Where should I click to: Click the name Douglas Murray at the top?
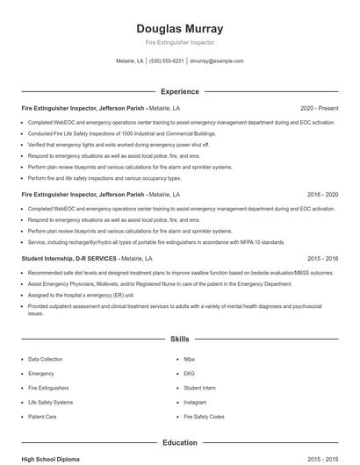click(x=179, y=28)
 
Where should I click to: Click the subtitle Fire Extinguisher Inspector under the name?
click(x=179, y=42)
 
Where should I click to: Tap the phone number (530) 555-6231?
click(x=166, y=61)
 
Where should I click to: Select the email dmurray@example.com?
click(x=217, y=61)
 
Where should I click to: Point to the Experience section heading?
click(x=179, y=91)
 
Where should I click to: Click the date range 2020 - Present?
click(x=319, y=108)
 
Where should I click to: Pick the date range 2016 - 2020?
click(x=322, y=194)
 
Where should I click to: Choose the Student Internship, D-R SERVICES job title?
click(x=69, y=259)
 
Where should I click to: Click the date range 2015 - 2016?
click(x=322, y=259)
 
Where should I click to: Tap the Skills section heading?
click(x=179, y=338)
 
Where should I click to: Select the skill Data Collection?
click(x=45, y=359)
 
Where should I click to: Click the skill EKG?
click(x=189, y=373)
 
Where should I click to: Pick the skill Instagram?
click(x=195, y=402)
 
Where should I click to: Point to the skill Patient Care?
click(x=42, y=416)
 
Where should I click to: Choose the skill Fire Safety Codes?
click(x=204, y=416)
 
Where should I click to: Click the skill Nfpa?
click(x=189, y=359)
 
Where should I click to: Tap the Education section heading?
click(x=179, y=443)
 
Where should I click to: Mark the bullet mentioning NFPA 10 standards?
click(x=156, y=241)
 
